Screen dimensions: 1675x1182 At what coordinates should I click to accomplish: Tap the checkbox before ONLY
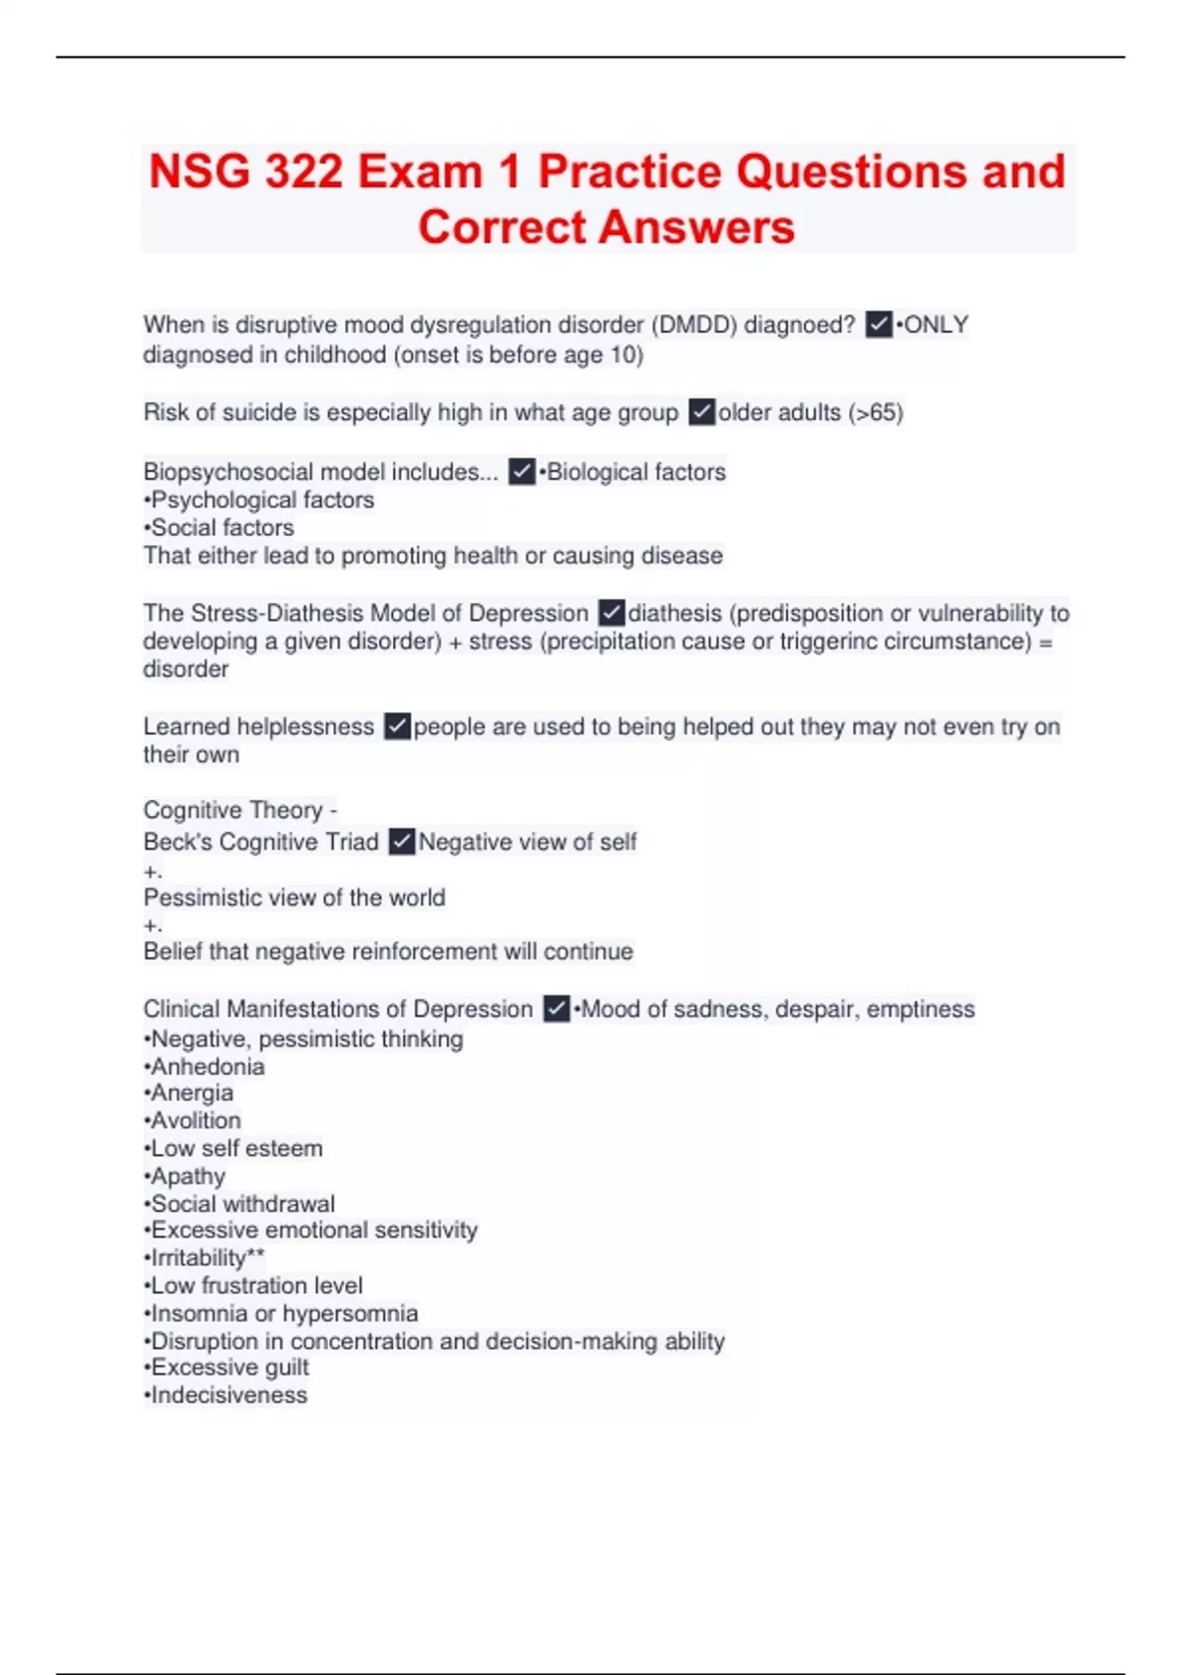(x=879, y=324)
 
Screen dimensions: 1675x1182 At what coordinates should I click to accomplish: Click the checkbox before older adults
(x=701, y=412)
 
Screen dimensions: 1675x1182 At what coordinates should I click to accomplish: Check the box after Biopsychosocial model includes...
(x=522, y=472)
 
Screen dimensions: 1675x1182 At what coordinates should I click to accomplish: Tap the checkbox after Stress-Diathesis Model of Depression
(x=612, y=613)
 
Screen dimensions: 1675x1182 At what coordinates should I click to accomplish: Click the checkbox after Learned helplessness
(x=397, y=727)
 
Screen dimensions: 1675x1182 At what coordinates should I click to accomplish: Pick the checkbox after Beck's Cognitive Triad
(x=402, y=842)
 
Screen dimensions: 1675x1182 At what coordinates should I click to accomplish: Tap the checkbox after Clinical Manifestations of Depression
(x=557, y=1009)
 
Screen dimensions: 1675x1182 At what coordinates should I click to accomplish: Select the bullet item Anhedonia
(x=208, y=1067)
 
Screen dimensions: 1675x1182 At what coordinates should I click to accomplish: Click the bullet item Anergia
(x=192, y=1094)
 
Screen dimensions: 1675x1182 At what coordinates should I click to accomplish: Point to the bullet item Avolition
(x=196, y=1121)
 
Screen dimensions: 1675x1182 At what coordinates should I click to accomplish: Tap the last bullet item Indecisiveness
(x=229, y=1395)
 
